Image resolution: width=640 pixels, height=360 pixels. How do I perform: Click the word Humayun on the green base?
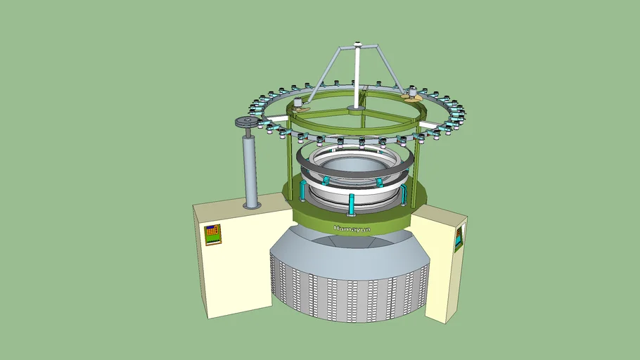click(x=352, y=228)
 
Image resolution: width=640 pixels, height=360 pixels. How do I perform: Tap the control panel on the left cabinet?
click(x=212, y=234)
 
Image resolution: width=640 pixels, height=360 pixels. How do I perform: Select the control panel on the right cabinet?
click(x=459, y=238)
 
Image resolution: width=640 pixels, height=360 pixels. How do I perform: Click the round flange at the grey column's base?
click(x=251, y=205)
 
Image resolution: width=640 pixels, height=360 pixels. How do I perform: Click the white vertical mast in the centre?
click(x=358, y=77)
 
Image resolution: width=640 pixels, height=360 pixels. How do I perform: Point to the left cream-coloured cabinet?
click(x=232, y=260)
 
